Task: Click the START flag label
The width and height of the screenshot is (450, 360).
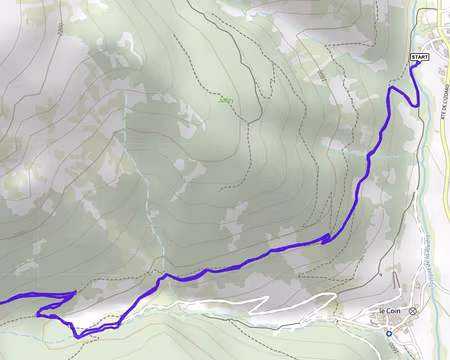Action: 419,59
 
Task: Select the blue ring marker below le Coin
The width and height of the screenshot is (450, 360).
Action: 389,333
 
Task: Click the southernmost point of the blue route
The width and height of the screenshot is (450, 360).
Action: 78,336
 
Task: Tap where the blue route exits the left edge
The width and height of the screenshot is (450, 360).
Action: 2,299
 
